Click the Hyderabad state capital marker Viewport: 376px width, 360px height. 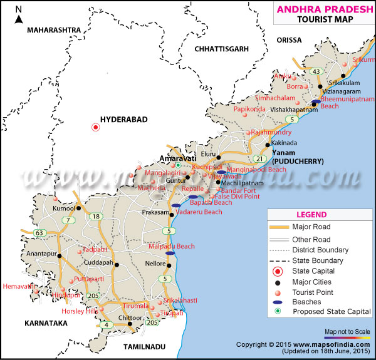(x=96, y=128)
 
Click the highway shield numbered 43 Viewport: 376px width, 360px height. (x=316, y=71)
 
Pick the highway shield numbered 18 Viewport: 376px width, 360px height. (x=96, y=217)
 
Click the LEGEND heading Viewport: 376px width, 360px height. (x=320, y=214)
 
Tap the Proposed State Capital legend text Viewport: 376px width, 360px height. (x=332, y=311)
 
